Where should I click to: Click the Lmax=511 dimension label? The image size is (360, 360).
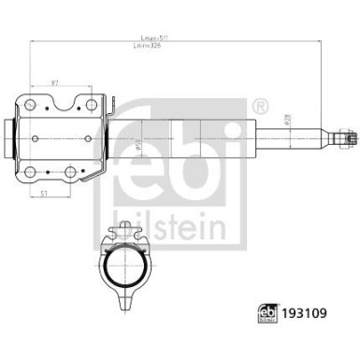tap(154, 38)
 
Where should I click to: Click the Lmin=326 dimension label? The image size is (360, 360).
tap(155, 47)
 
